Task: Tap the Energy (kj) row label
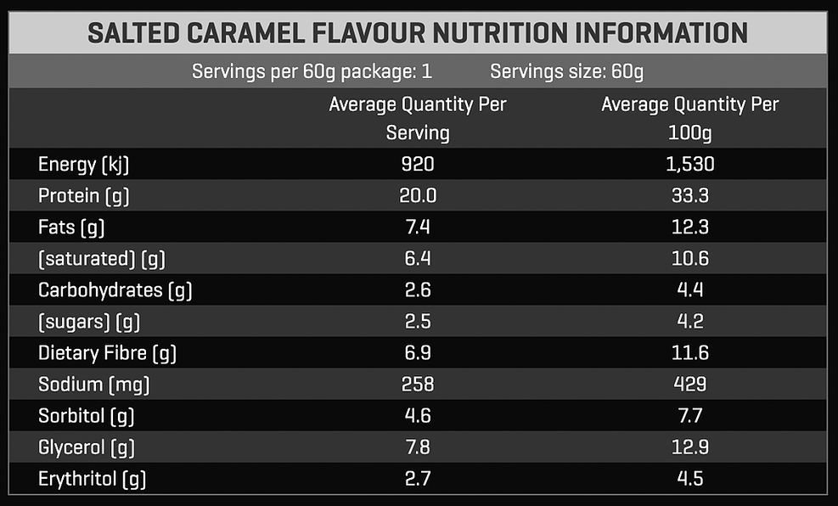tap(84, 165)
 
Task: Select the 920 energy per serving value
tap(417, 165)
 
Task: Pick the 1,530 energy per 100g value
tap(689, 165)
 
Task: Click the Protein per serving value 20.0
tap(417, 196)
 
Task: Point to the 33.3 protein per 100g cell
tap(689, 196)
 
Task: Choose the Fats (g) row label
tap(71, 228)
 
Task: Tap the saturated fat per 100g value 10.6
tap(689, 259)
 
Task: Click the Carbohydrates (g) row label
tap(115, 290)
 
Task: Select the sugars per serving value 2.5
tap(417, 322)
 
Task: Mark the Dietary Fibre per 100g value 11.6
tap(689, 353)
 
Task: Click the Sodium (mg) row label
tap(94, 385)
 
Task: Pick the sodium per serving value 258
tap(417, 385)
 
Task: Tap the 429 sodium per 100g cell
tap(689, 385)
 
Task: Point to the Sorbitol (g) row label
tap(87, 416)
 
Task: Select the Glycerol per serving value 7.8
tap(417, 447)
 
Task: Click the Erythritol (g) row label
tap(93, 479)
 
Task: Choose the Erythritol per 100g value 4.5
tap(689, 479)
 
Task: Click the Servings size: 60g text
tap(566, 71)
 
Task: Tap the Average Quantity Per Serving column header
tap(417, 118)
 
